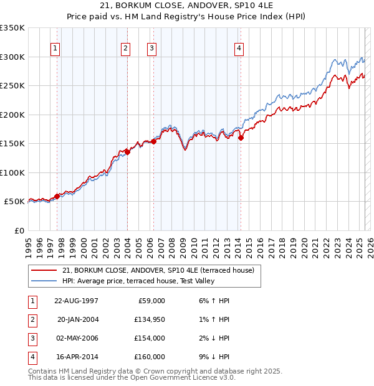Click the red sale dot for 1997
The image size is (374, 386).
[57, 196]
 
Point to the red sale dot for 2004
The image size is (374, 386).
[127, 151]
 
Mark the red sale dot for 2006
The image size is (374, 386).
[153, 141]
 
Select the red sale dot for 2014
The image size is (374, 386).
[241, 138]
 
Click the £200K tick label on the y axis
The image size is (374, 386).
[12, 115]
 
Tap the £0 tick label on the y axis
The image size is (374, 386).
[19, 230]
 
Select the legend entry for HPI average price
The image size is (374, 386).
[138, 281]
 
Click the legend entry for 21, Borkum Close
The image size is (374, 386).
[158, 270]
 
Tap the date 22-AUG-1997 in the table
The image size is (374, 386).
[76, 301]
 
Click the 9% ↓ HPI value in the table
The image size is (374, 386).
[216, 357]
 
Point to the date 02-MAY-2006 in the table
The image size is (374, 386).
[76, 338]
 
